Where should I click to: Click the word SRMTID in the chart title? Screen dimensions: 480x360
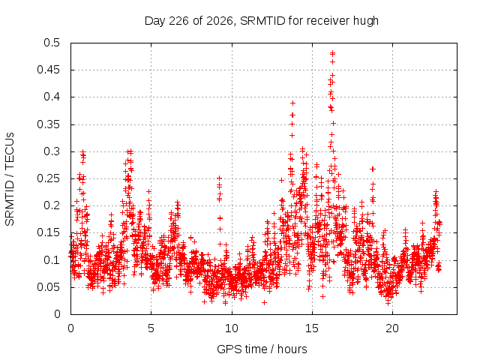pos(262,21)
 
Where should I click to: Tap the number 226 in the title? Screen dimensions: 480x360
pos(179,21)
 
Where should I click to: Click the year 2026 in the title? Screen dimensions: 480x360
pos(220,21)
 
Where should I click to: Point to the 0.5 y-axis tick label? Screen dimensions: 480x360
pos(52,43)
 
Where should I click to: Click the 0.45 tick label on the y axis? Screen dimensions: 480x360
pos(49,70)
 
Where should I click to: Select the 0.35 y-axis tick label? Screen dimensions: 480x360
pos(49,124)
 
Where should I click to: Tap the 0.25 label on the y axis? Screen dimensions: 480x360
pos(49,178)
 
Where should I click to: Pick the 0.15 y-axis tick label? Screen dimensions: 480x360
pos(49,232)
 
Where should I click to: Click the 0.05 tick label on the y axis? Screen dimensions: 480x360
pos(49,287)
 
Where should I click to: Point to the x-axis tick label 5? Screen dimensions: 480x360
pos(151,328)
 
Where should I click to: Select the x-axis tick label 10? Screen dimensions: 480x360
pos(232,328)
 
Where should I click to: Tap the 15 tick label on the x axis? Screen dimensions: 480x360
pos(312,328)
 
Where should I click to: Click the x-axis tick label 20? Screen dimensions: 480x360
pos(392,328)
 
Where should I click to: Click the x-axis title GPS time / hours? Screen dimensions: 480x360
pos(262,349)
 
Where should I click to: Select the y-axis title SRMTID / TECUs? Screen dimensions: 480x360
pos(10,179)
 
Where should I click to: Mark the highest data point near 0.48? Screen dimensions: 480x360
pos(333,53)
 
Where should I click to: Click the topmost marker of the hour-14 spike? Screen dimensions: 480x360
pos(292,103)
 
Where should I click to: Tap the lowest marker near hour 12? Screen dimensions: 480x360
pos(264,302)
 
